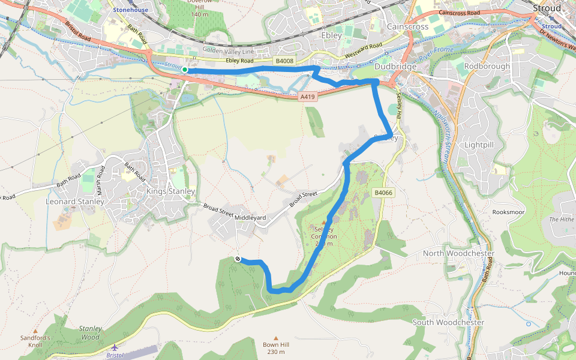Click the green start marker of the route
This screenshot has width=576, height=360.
(185, 70)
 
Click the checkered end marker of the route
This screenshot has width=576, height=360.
(238, 259)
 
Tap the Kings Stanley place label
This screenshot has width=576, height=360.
(171, 191)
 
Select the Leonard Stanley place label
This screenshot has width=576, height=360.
(75, 202)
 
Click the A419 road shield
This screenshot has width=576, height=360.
(307, 96)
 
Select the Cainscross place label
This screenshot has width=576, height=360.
(408, 27)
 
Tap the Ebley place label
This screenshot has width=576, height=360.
(332, 35)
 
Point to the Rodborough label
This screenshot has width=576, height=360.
(487, 66)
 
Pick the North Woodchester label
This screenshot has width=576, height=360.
(458, 253)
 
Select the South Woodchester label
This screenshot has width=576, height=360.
(448, 322)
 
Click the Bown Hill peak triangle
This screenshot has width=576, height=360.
(276, 338)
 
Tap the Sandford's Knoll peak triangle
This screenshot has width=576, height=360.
(35, 331)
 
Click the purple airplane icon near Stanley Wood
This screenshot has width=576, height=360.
(115, 347)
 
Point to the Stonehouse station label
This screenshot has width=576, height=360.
(130, 10)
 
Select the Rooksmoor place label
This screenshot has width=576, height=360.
(508, 212)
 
